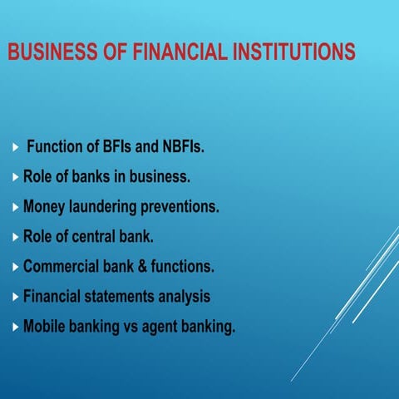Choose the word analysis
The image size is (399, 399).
coord(182,296)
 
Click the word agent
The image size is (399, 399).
coord(167,327)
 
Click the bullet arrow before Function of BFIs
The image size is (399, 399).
coord(16,148)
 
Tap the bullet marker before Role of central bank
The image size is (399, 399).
coord(16,237)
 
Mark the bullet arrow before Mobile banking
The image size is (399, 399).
coord(16,327)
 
